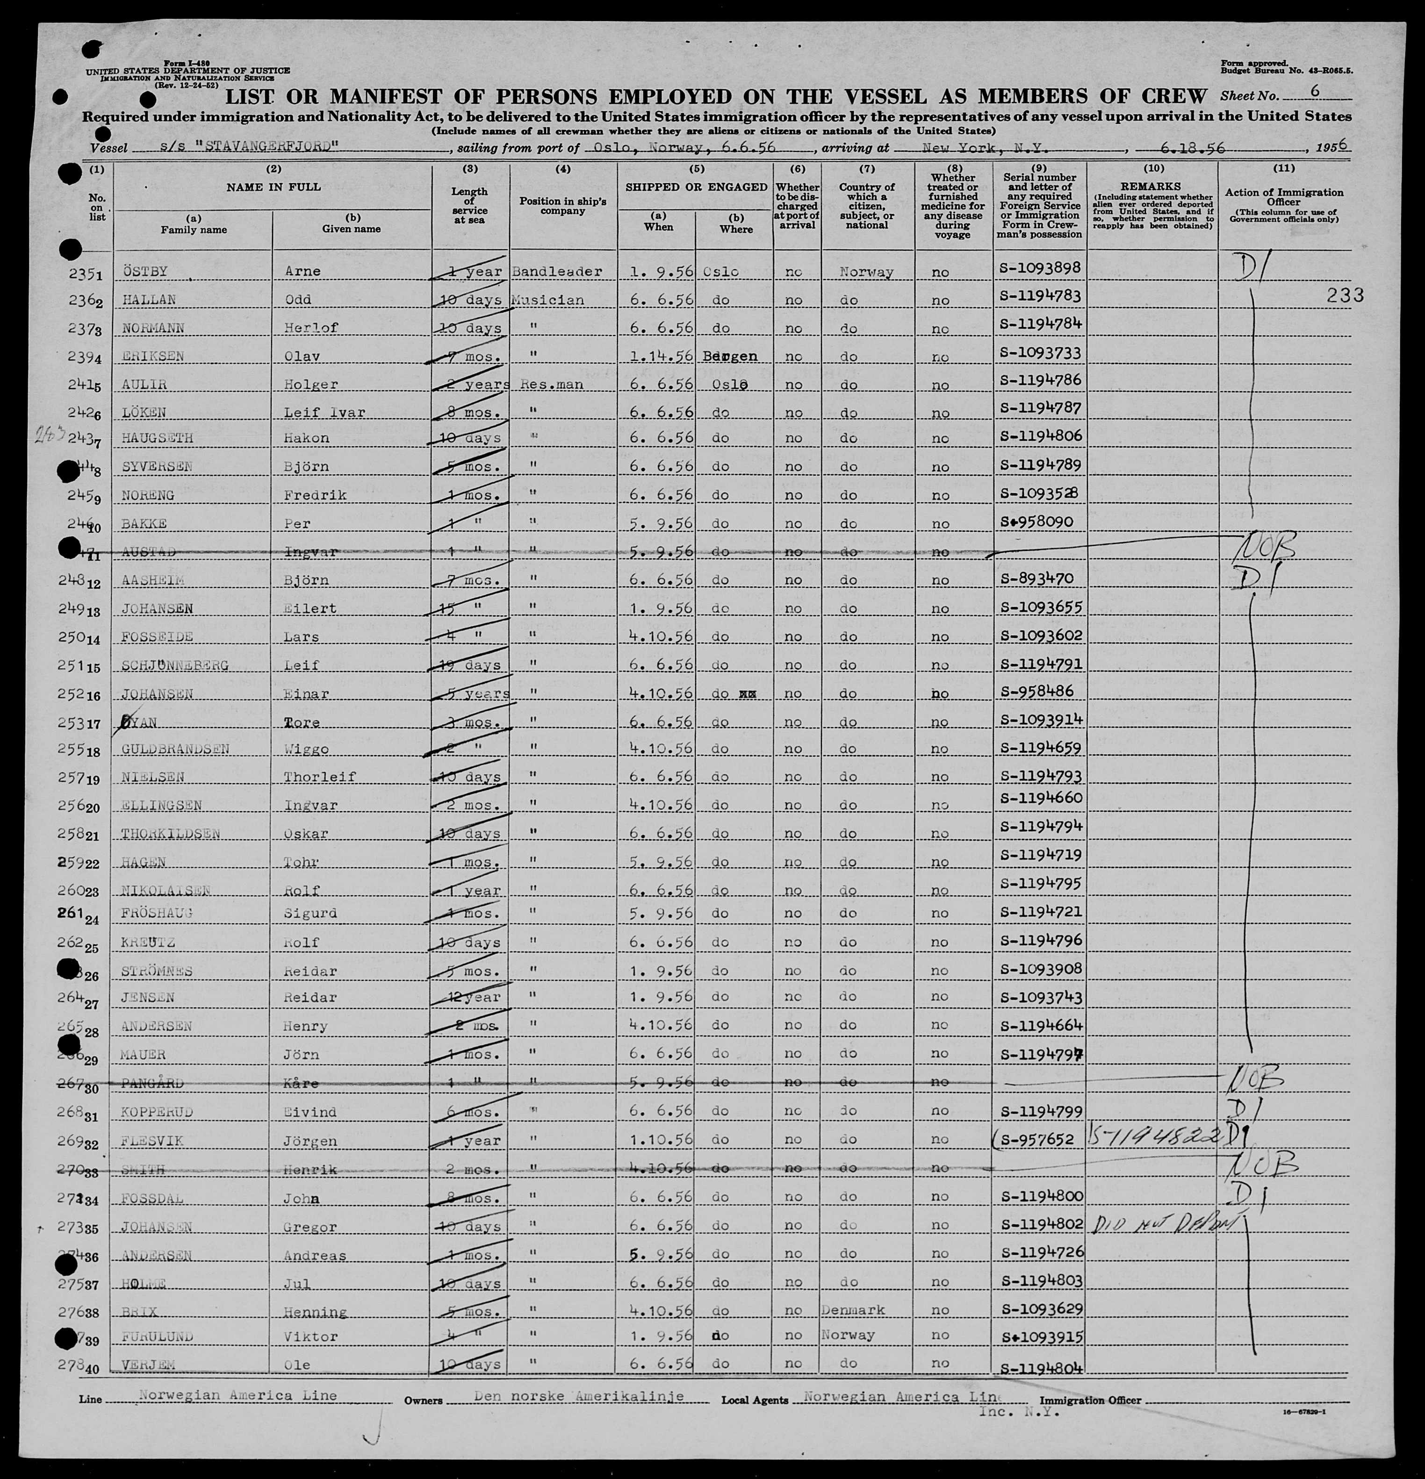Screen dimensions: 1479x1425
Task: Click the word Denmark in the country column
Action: (853, 1309)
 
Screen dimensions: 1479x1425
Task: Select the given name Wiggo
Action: (306, 749)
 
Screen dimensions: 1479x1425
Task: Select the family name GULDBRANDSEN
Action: (175, 749)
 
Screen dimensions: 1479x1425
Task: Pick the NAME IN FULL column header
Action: (273, 186)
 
